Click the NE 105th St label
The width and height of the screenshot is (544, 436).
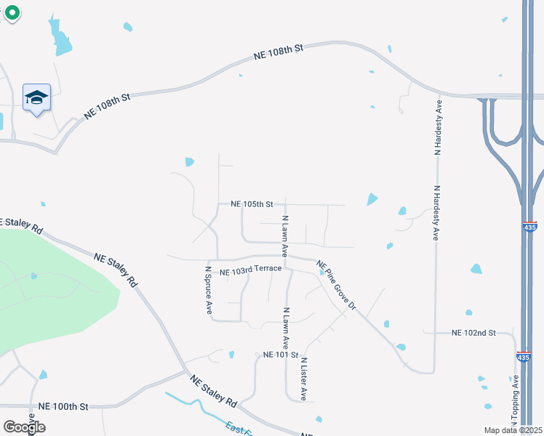[x=252, y=205]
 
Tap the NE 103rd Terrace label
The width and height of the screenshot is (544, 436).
[x=250, y=270]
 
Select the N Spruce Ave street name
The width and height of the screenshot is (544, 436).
[x=208, y=290]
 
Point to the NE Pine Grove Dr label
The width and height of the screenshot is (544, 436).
[x=336, y=286]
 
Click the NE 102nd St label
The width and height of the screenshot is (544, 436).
[x=473, y=333]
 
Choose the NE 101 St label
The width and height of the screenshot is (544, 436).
[x=281, y=355]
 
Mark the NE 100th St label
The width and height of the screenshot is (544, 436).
[x=63, y=406]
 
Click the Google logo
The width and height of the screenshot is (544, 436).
[x=24, y=427]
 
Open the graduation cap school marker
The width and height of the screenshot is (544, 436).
[x=36, y=98]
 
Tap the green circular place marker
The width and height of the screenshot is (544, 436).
[x=12, y=12]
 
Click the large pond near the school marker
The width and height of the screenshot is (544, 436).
[x=60, y=36]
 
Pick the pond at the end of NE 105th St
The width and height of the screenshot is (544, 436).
[x=372, y=198]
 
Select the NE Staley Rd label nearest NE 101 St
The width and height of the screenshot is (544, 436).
[x=215, y=391]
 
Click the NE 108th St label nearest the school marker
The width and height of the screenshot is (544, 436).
[x=106, y=106]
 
